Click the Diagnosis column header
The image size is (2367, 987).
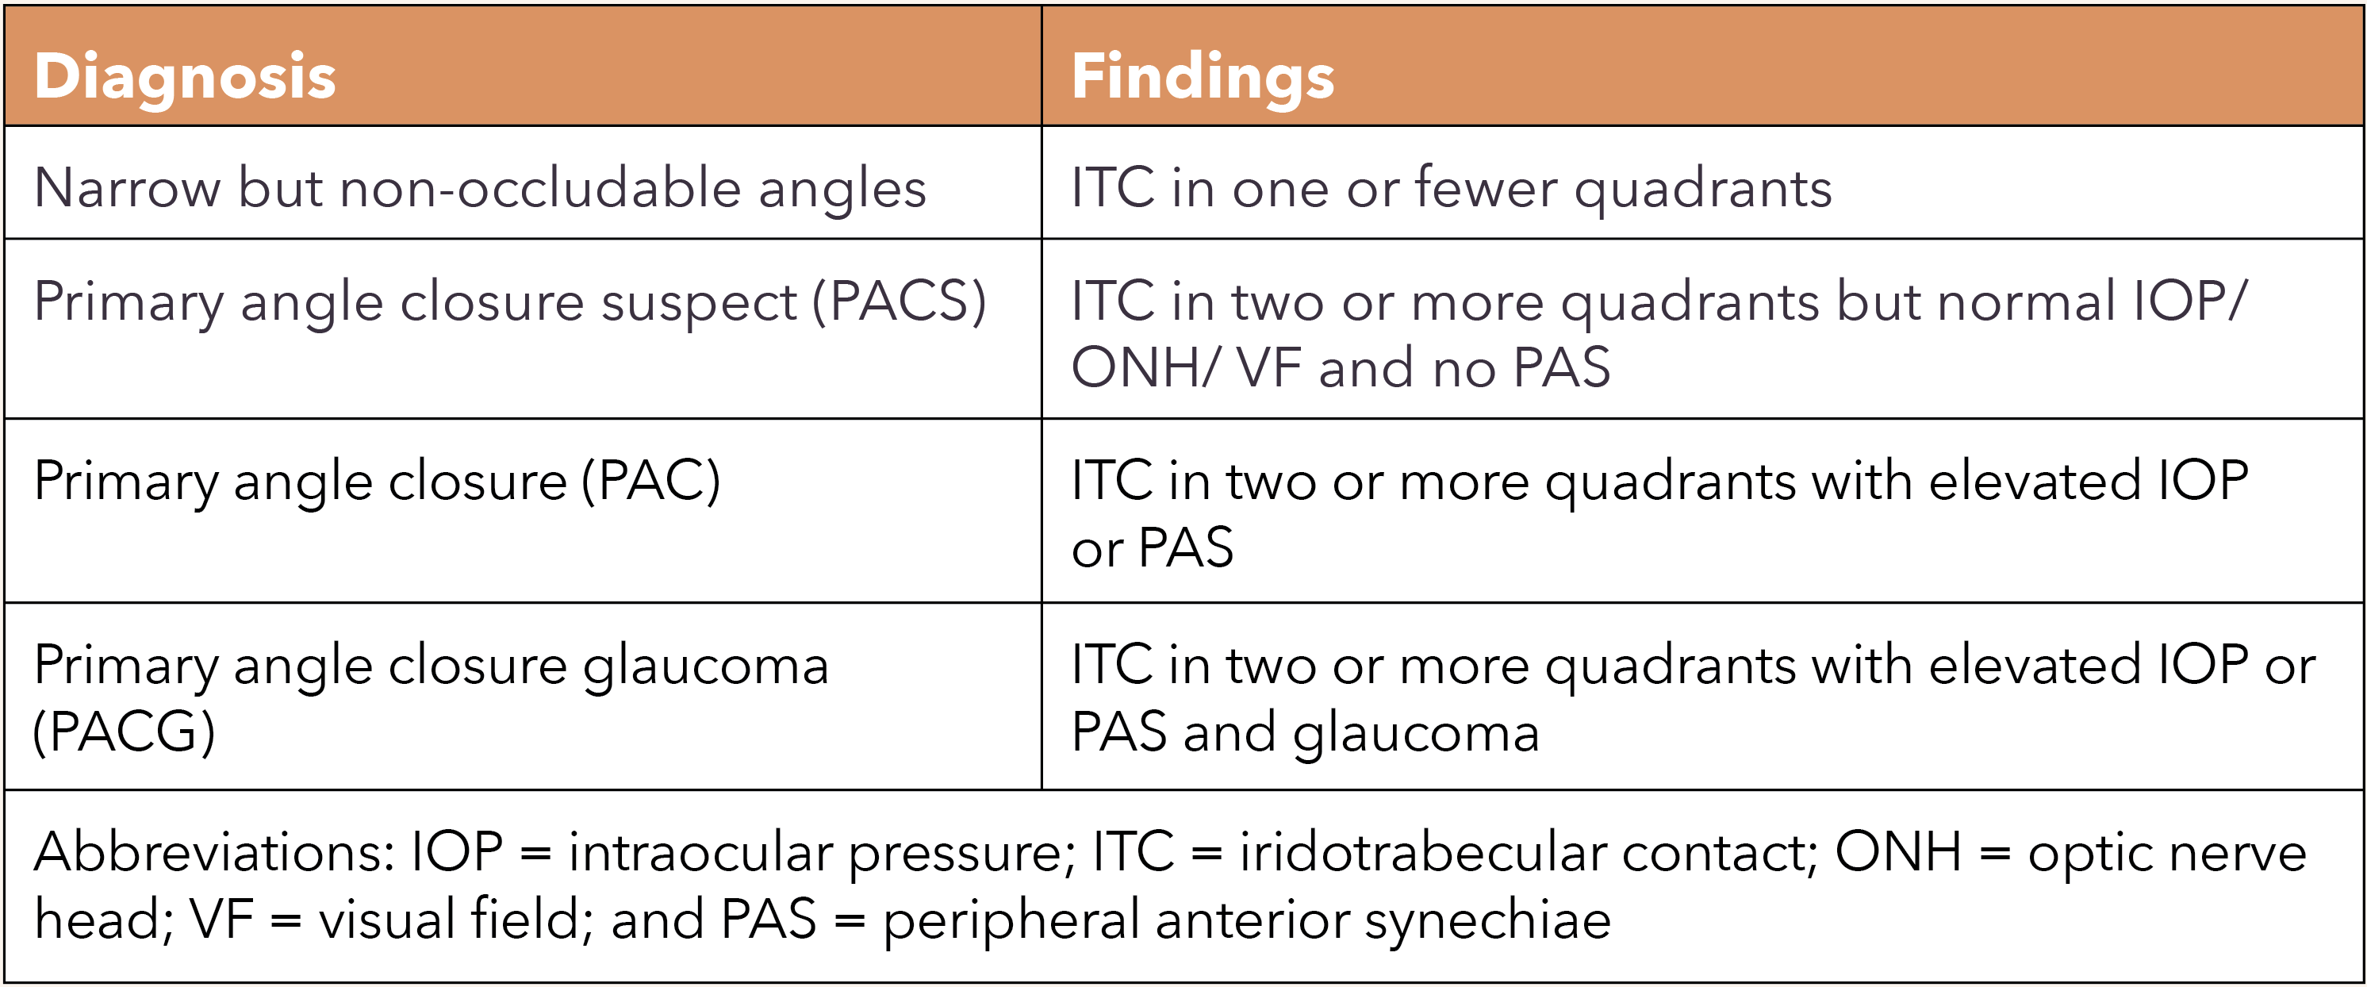tap(185, 76)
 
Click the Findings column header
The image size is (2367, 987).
tap(1202, 76)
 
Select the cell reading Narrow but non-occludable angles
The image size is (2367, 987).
tap(480, 188)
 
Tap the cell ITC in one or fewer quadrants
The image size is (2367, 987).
tap(1451, 188)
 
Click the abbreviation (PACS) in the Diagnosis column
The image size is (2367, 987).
tap(900, 301)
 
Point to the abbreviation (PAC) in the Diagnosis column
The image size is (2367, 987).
tap(651, 481)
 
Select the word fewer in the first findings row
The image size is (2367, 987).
tap(1486, 188)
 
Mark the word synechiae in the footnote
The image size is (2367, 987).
tap(1487, 920)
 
